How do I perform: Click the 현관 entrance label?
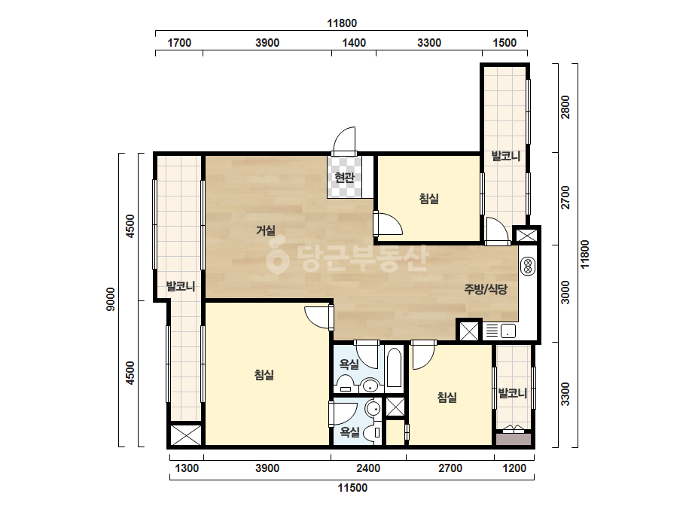pyautogui.click(x=344, y=178)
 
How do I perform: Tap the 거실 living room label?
pyautogui.click(x=266, y=230)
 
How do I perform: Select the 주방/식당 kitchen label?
pyautogui.click(x=486, y=289)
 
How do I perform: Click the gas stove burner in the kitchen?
pyautogui.click(x=528, y=266)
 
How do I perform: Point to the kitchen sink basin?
pyautogui.click(x=508, y=331)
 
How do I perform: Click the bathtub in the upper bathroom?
pyautogui.click(x=394, y=367)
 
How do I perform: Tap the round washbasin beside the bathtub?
pyautogui.click(x=370, y=386)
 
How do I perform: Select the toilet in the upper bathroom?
pyautogui.click(x=344, y=383)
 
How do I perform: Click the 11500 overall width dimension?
pyautogui.click(x=352, y=488)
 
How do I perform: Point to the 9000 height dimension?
pyautogui.click(x=111, y=300)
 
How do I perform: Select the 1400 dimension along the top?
pyautogui.click(x=354, y=43)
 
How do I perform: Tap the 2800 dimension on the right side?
pyautogui.click(x=565, y=108)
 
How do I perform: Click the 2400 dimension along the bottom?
pyautogui.click(x=368, y=468)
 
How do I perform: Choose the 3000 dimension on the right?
pyautogui.click(x=565, y=293)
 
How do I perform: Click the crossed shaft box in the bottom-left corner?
pyautogui.click(x=186, y=435)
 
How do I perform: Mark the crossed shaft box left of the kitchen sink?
pyautogui.click(x=468, y=331)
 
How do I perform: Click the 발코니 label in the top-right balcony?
pyautogui.click(x=505, y=156)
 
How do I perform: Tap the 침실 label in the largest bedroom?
pyautogui.click(x=264, y=375)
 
